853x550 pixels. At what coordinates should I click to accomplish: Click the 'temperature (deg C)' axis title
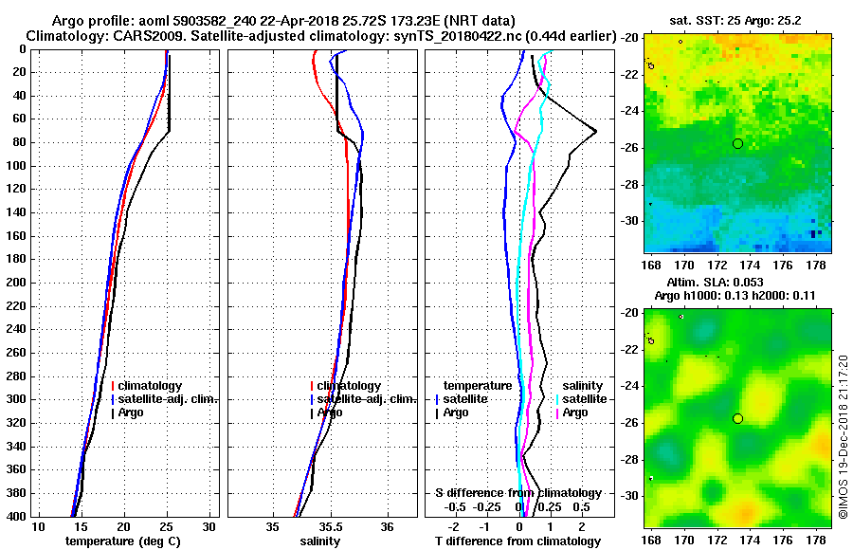coord(122,541)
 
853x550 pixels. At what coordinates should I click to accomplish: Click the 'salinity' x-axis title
coord(320,541)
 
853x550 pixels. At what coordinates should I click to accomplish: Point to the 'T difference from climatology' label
coord(518,541)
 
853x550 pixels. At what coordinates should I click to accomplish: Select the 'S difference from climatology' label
coord(518,493)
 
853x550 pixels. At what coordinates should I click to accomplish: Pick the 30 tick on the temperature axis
coord(209,526)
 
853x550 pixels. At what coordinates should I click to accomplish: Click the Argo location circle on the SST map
coord(737,143)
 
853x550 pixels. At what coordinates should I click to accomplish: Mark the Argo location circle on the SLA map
coord(737,418)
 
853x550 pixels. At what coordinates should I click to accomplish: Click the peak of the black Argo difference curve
coord(595,131)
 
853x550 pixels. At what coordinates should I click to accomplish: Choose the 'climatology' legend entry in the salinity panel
coord(349,386)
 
